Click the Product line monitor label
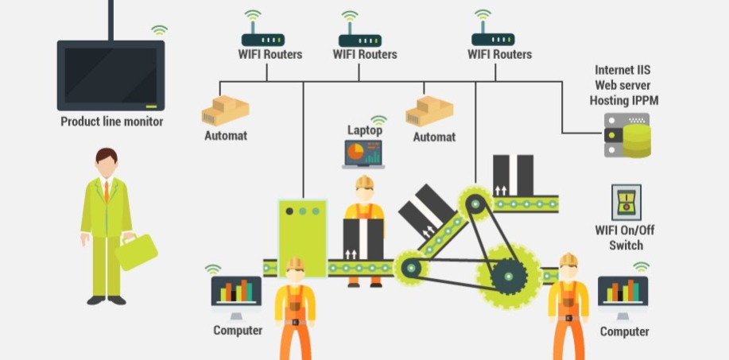111,122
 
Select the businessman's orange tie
106,192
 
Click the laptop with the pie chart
363,153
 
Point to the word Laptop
364,130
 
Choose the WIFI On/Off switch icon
625,203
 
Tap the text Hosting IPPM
624,101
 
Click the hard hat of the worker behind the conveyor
364,183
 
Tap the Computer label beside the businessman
238,330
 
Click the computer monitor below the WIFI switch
622,294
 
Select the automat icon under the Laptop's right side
430,112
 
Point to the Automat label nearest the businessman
225,135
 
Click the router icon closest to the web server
493,39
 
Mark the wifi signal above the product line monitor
160,30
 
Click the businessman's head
107,161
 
